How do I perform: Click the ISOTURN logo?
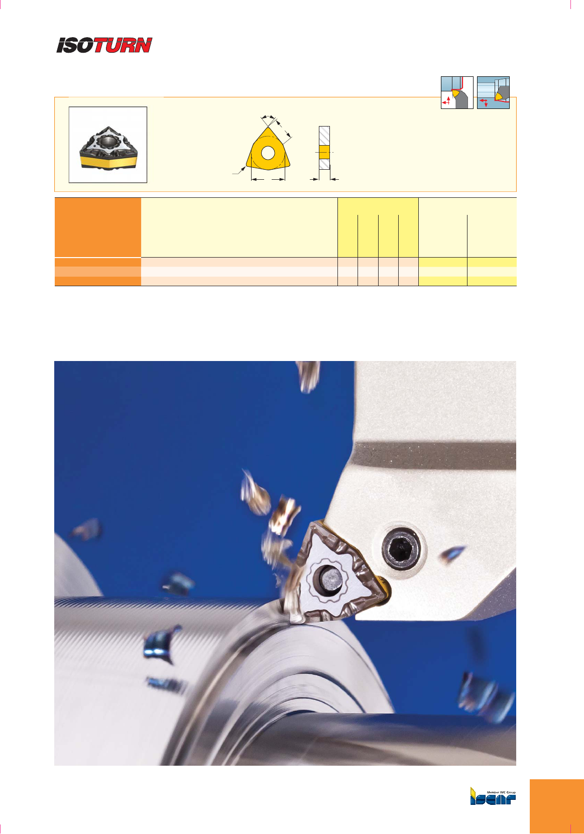[x=104, y=45]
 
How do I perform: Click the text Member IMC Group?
[x=501, y=792]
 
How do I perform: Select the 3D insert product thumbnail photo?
[x=108, y=145]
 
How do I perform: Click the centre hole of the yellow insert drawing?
[x=268, y=153]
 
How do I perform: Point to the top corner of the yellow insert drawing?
[x=268, y=128]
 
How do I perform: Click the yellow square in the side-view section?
[x=324, y=152]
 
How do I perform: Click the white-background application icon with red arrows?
[x=457, y=93]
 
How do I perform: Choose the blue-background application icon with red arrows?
[x=493, y=93]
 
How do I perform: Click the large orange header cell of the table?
[x=98, y=227]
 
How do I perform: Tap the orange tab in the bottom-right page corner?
[x=557, y=806]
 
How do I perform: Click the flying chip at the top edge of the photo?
[x=308, y=376]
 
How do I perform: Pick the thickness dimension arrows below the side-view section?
[x=324, y=179]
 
